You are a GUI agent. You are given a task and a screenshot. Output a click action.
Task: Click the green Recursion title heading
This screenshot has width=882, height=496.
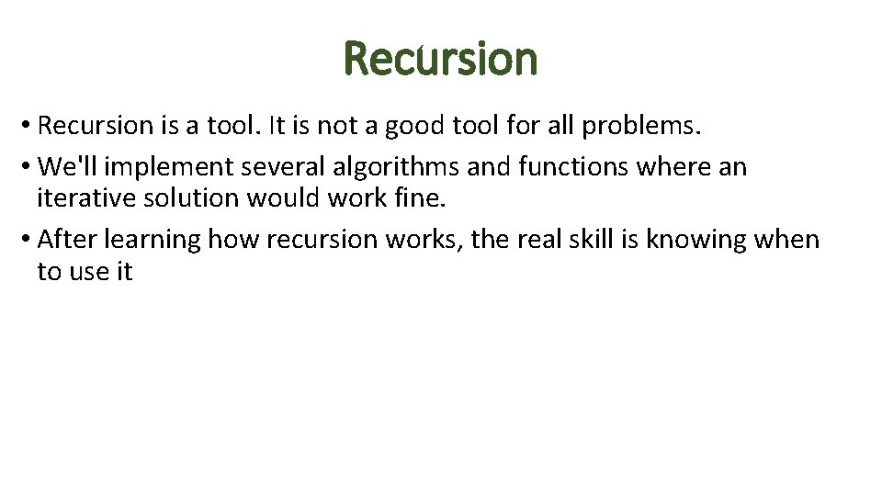pyautogui.click(x=441, y=59)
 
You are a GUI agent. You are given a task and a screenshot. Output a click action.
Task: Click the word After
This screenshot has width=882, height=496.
pyautogui.click(x=68, y=240)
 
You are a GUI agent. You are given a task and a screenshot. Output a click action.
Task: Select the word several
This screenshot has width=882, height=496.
pyautogui.click(x=281, y=167)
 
